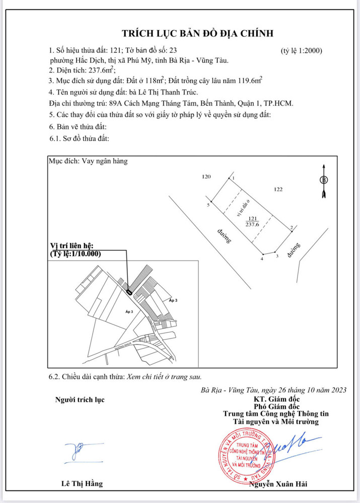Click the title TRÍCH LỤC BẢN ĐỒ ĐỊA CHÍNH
198,33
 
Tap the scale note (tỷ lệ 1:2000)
301,50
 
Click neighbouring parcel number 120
205,177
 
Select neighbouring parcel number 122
278,190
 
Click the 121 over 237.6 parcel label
252,221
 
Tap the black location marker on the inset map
129,291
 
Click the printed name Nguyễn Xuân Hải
278,484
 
